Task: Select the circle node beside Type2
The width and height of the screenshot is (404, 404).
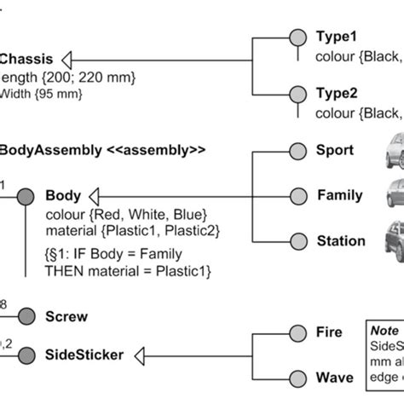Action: tap(297, 93)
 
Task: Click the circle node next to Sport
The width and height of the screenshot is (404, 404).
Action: tap(297, 151)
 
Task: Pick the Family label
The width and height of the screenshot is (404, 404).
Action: tap(340, 195)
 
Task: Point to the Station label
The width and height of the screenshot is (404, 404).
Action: tap(341, 241)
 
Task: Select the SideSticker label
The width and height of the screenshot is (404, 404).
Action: tap(84, 354)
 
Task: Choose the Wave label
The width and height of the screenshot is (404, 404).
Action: tap(334, 378)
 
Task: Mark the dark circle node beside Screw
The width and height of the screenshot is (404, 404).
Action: tap(26, 316)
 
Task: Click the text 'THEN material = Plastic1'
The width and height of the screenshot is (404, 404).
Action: tap(127, 271)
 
